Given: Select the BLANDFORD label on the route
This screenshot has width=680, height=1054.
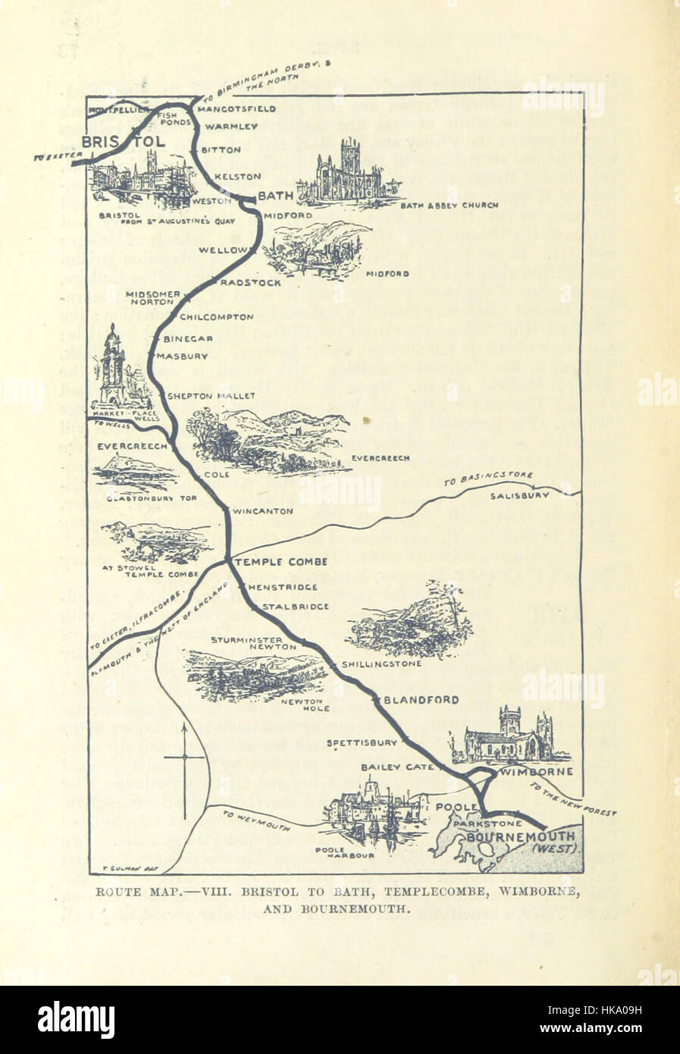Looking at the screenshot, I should pos(421,700).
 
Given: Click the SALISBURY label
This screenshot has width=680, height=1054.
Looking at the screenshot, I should pos(519,495).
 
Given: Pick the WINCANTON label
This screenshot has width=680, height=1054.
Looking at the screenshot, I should pos(263,511).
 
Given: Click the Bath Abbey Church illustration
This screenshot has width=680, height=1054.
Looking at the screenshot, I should pos(347,173).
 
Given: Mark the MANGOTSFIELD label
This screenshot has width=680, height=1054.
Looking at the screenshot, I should pos(236,108).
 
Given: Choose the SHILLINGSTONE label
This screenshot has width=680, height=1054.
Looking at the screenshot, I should pos(381,663).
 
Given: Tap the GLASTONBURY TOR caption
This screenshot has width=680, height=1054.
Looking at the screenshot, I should pos(141,499).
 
